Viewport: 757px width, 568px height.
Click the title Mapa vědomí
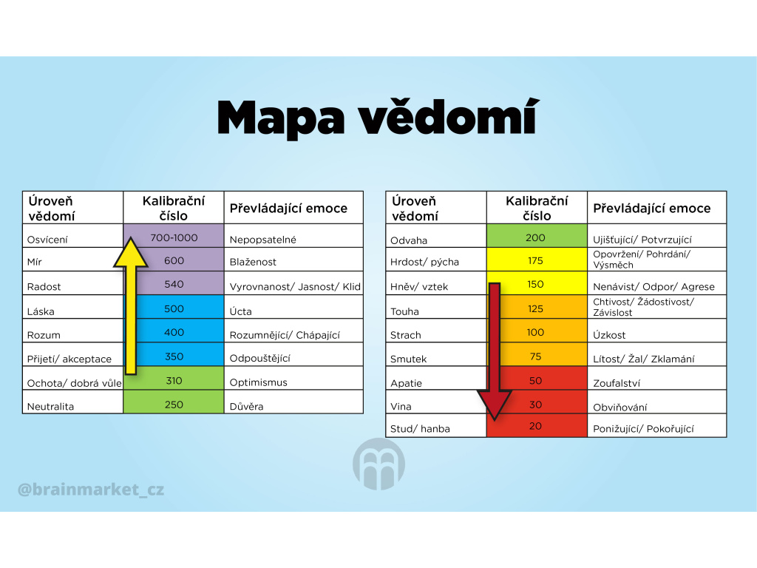click(378, 118)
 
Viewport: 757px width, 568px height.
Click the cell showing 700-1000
click(174, 236)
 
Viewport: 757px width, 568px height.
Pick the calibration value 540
click(174, 283)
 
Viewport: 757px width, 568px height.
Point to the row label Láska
click(41, 311)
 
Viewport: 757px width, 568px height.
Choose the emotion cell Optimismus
click(293, 378)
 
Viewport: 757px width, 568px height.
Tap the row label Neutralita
click(50, 407)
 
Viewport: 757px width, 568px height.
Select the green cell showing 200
click(537, 236)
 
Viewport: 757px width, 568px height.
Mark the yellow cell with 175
click(537, 260)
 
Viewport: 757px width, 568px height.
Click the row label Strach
click(406, 335)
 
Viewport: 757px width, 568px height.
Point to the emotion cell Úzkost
click(657, 331)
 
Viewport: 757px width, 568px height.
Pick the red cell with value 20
click(537, 425)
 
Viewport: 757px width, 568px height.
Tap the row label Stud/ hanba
click(420, 429)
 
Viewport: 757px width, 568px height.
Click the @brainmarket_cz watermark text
click(91, 490)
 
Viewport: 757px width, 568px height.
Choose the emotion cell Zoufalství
click(657, 378)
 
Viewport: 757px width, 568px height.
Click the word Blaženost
click(253, 262)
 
